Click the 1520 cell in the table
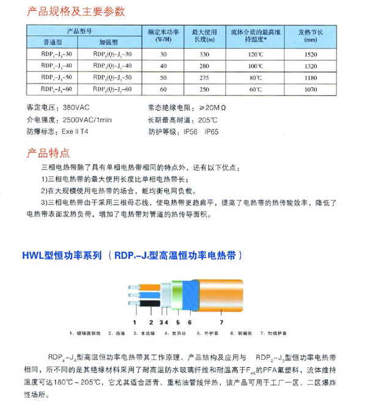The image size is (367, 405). (x=310, y=54)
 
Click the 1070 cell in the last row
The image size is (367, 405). (x=310, y=90)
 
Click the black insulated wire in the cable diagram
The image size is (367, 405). (x=144, y=303)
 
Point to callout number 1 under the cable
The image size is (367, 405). (x=135, y=321)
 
